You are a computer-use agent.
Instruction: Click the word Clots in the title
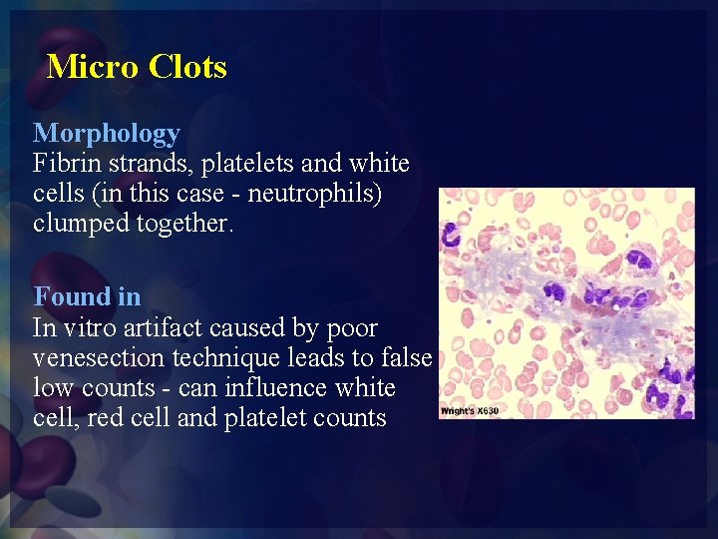tap(187, 67)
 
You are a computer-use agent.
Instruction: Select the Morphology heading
tap(107, 133)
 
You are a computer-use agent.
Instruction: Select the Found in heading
tap(87, 296)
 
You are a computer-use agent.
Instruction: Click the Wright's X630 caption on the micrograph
tap(468, 411)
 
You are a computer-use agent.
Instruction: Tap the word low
tap(51, 387)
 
